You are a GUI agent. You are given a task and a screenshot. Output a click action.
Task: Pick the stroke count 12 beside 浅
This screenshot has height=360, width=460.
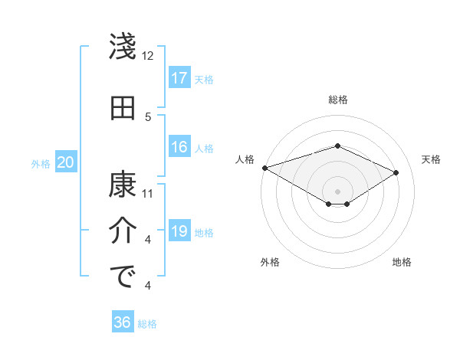(148, 56)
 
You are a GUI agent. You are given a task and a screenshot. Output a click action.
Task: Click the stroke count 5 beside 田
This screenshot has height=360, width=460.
(148, 116)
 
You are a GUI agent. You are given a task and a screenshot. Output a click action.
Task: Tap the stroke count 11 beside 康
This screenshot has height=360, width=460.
(148, 193)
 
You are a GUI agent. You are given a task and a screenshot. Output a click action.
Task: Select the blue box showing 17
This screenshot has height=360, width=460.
(179, 78)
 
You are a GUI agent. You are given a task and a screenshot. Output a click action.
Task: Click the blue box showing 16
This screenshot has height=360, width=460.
(179, 148)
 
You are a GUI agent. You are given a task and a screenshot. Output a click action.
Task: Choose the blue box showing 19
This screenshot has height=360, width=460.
(179, 232)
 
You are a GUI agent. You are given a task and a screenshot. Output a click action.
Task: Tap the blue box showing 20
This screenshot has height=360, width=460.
(66, 162)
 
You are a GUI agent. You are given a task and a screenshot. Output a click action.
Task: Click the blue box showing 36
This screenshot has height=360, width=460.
(122, 322)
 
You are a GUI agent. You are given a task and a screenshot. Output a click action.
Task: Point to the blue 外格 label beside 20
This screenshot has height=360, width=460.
(41, 163)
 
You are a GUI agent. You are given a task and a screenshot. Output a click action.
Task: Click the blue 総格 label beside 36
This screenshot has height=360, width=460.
(147, 324)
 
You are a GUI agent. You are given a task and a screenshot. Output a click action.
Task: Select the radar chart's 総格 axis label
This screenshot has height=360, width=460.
(337, 100)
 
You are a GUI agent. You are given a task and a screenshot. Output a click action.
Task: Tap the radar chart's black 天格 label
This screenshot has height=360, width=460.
(432, 159)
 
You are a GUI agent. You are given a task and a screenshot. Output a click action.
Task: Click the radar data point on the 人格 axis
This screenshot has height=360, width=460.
(264, 168)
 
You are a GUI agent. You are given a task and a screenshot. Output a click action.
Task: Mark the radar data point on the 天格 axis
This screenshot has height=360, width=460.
(396, 172)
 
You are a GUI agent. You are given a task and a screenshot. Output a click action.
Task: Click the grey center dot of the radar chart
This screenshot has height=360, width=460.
(337, 191)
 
